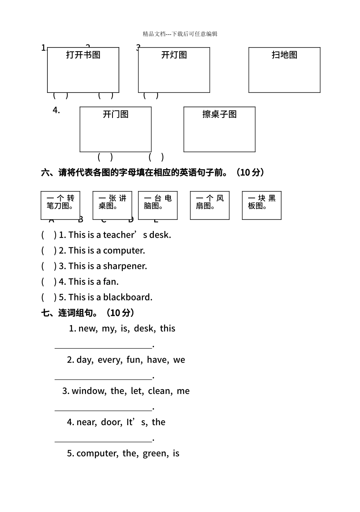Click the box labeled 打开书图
(83, 70)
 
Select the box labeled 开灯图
(174, 70)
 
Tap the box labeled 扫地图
(284, 70)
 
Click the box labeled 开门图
(116, 129)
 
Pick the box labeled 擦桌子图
(219, 129)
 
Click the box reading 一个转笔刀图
(60, 205)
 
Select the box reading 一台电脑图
(158, 205)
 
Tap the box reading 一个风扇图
(210, 205)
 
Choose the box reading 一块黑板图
(261, 205)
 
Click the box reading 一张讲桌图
(112, 205)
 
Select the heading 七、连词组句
(88, 313)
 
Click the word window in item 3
(89, 391)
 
